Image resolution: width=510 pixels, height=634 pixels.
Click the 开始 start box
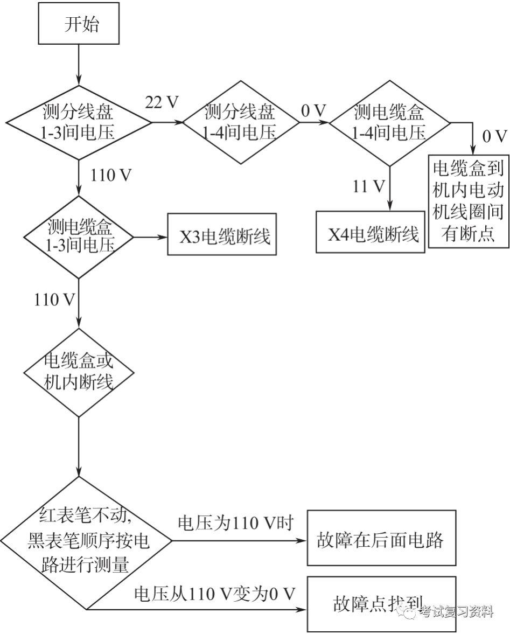click(x=78, y=25)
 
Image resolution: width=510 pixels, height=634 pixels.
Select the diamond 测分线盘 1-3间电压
click(x=79, y=122)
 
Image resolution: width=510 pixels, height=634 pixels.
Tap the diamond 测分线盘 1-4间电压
click(x=241, y=122)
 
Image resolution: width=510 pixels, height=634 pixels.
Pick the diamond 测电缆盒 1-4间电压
click(x=389, y=122)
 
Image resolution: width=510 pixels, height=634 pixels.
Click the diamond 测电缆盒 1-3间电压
click(x=79, y=236)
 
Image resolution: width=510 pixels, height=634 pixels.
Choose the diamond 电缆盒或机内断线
click(x=79, y=372)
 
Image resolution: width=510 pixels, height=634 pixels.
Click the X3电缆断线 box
click(x=221, y=236)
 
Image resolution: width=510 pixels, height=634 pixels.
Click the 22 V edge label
click(x=162, y=102)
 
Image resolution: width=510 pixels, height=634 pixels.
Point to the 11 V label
click(x=369, y=186)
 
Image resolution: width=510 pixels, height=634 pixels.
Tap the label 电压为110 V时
click(x=235, y=522)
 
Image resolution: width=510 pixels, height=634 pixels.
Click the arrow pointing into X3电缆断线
click(x=151, y=236)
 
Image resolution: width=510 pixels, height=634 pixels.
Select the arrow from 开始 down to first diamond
click(x=79, y=65)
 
